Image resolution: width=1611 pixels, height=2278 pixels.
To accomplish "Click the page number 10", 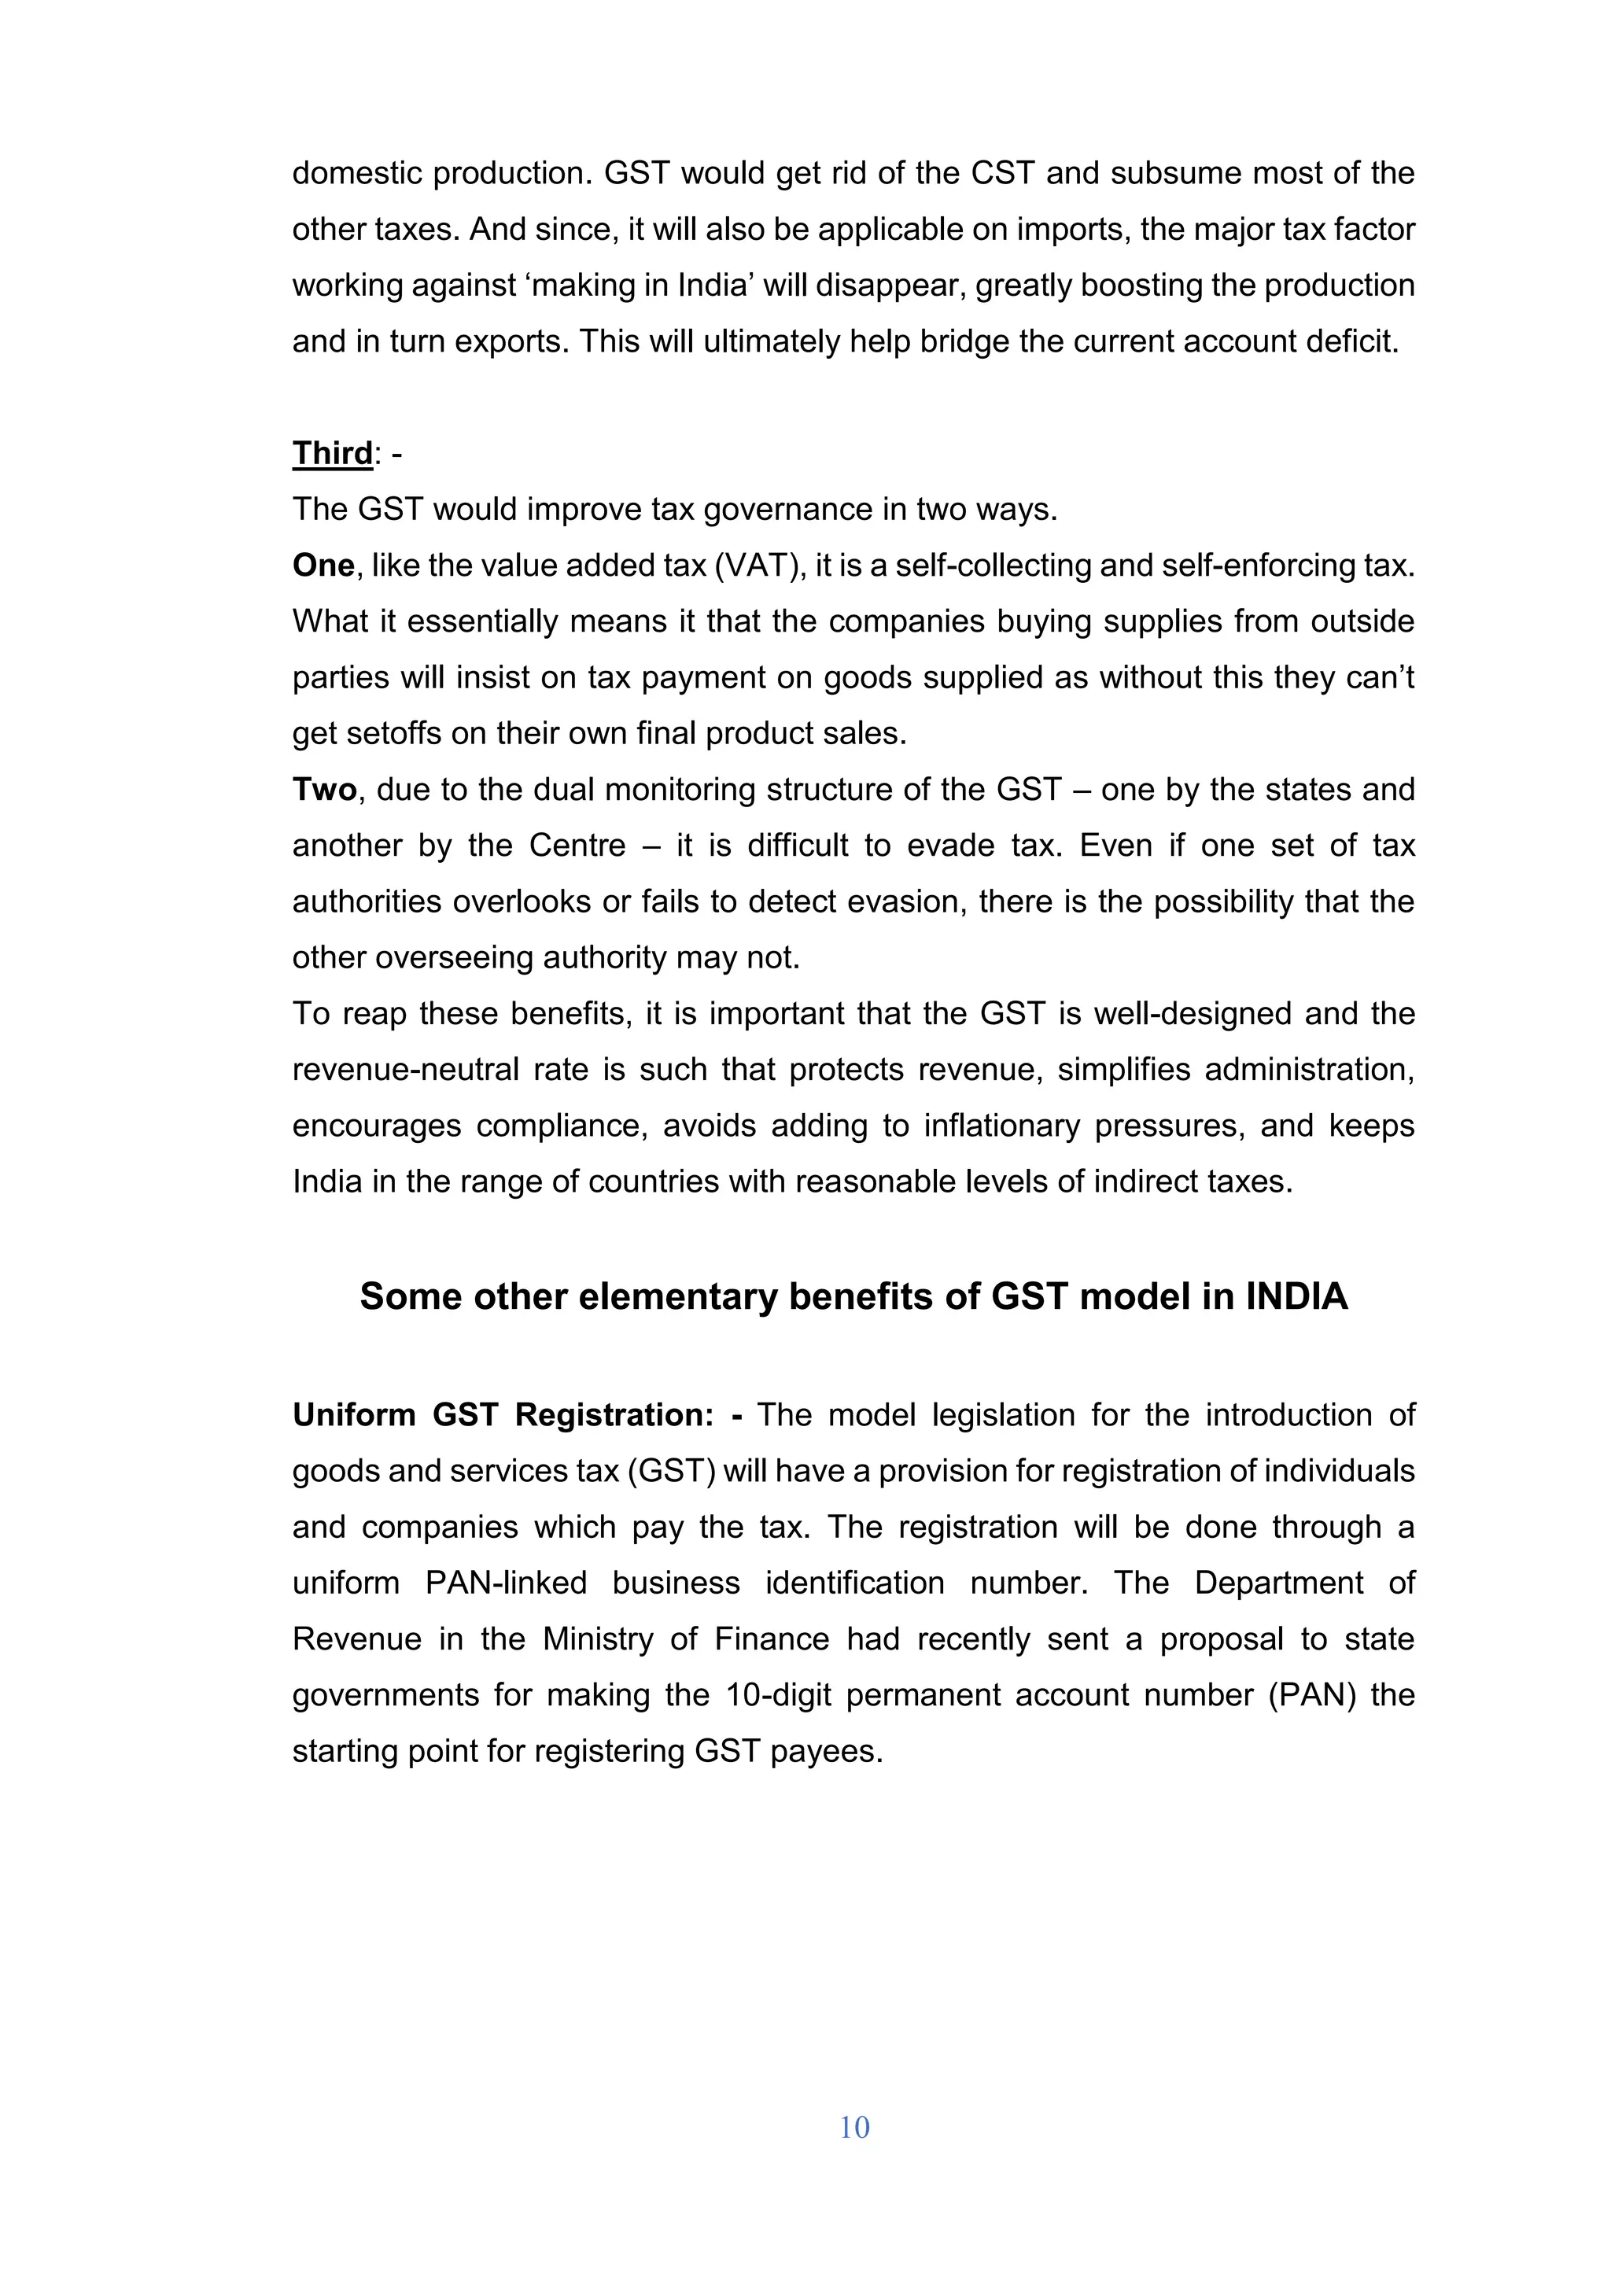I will click(854, 2126).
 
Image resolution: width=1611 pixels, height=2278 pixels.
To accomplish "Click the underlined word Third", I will click(332, 453).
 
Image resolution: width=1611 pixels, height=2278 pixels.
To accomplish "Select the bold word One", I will click(323, 566).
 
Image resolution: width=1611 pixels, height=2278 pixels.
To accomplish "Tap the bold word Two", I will click(324, 790).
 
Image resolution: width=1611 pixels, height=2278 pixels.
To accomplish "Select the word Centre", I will click(577, 846).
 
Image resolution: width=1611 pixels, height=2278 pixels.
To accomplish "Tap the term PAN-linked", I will click(506, 1583).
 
